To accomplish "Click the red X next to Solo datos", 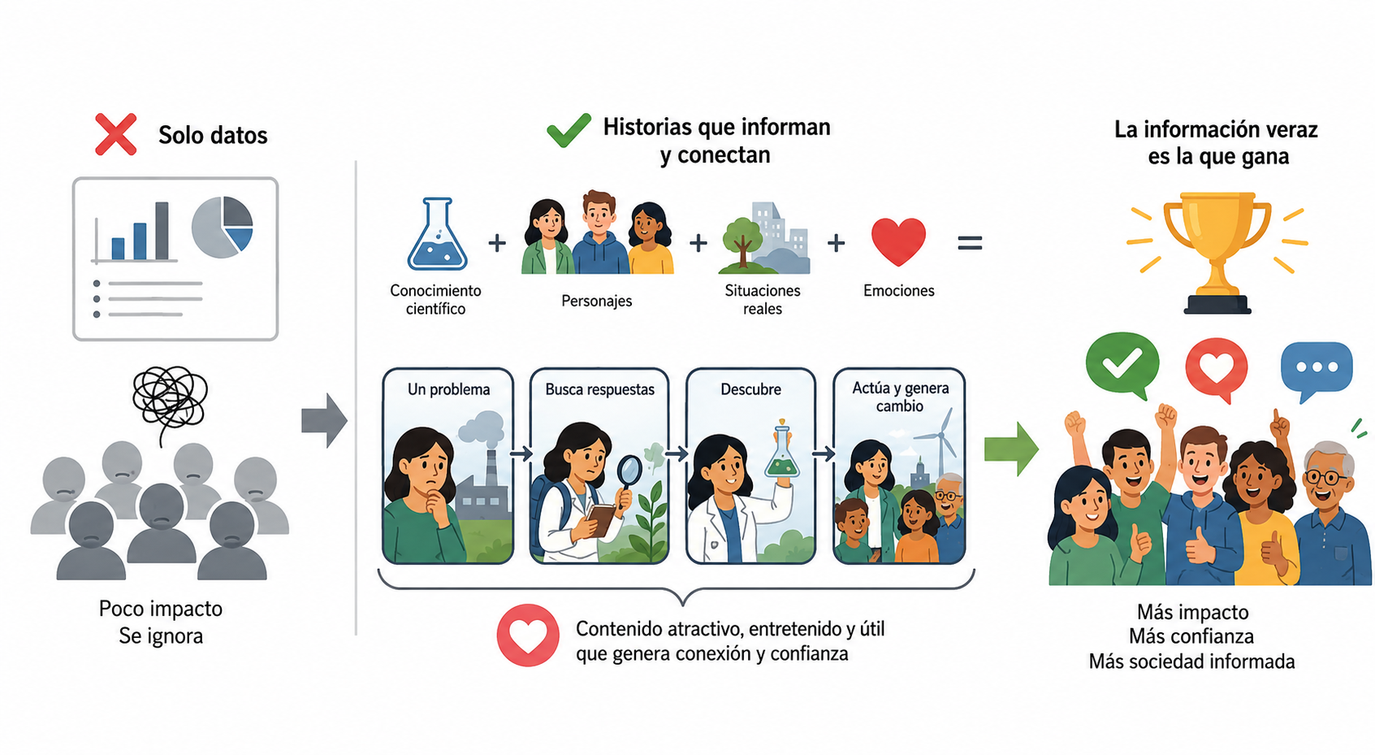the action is click(x=115, y=134).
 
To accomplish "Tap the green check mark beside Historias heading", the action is click(x=569, y=130).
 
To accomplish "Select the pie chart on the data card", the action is click(x=223, y=228).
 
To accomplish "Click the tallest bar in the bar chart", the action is click(x=162, y=231).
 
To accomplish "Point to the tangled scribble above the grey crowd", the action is click(x=170, y=398).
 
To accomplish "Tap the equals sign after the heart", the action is click(x=970, y=243).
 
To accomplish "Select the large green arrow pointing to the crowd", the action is click(x=1011, y=449).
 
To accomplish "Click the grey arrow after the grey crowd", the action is click(x=324, y=421).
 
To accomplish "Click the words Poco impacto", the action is click(x=161, y=609).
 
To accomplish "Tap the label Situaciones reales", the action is click(x=763, y=299).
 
